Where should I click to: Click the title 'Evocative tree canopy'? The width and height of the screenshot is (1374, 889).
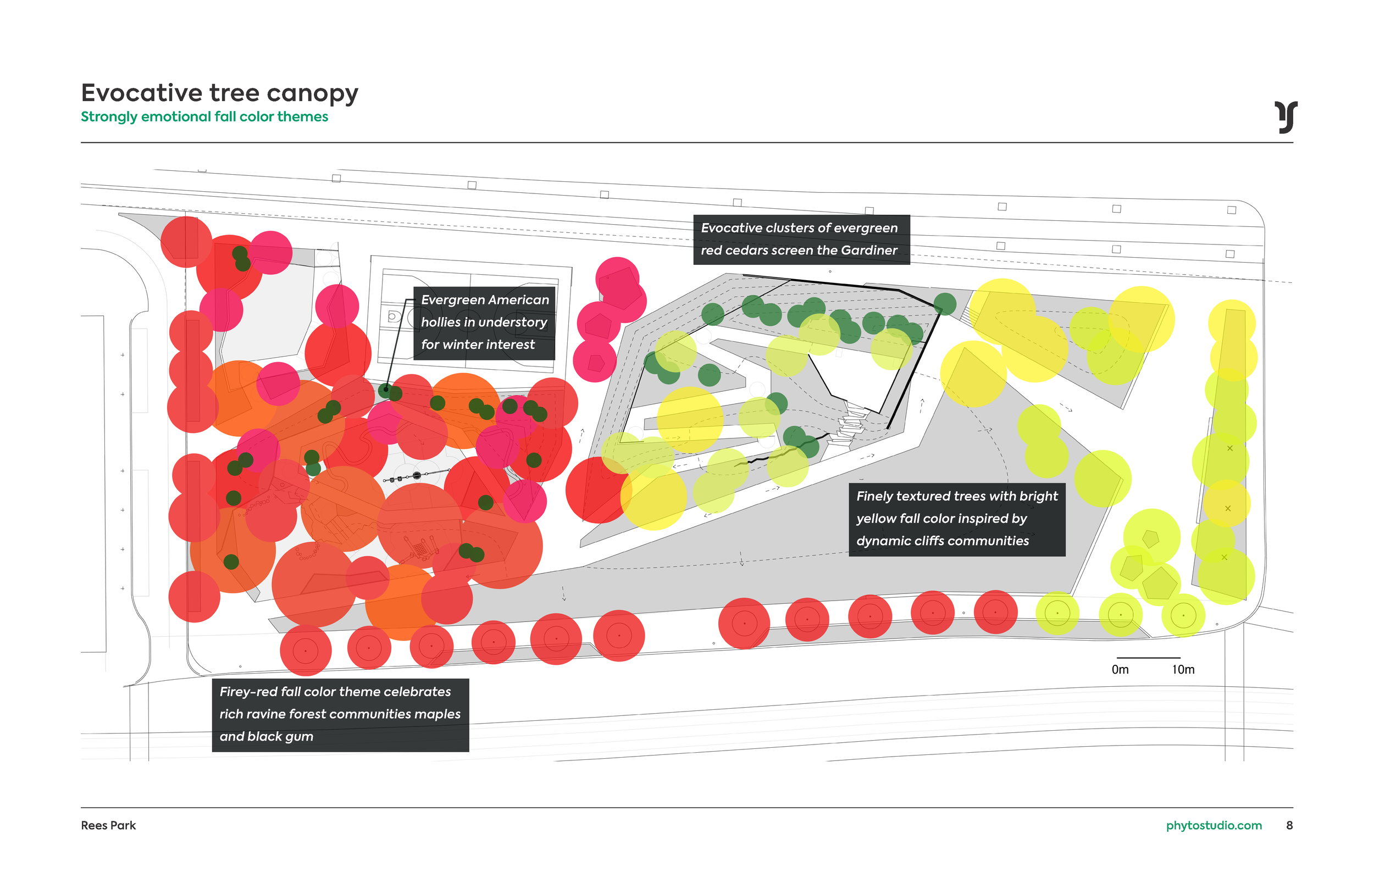pyautogui.click(x=219, y=93)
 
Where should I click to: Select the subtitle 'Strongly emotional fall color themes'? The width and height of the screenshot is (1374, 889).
pyautogui.click(x=204, y=116)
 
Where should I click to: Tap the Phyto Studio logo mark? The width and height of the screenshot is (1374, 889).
pyautogui.click(x=1286, y=117)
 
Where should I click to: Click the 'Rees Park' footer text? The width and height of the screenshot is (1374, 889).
pyautogui.click(x=108, y=825)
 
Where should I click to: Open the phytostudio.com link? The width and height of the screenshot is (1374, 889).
pyautogui.click(x=1214, y=825)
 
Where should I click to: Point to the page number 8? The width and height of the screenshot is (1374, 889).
pyautogui.click(x=1289, y=825)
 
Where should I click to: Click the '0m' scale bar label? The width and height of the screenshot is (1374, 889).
pyautogui.click(x=1120, y=670)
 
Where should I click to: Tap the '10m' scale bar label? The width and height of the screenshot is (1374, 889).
pyautogui.click(x=1183, y=670)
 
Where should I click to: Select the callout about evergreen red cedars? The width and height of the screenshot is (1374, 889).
pyautogui.click(x=801, y=240)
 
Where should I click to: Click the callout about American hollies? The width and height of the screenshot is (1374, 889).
pyautogui.click(x=484, y=323)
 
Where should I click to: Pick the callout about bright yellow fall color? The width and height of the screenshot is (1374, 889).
pyautogui.click(x=957, y=519)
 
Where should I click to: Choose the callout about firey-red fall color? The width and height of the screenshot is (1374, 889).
pyautogui.click(x=340, y=715)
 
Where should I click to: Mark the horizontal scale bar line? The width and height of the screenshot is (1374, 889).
pyautogui.click(x=1148, y=658)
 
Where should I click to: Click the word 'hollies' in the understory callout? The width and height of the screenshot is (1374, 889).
pyautogui.click(x=442, y=322)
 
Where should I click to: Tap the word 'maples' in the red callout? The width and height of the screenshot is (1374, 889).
pyautogui.click(x=437, y=714)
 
